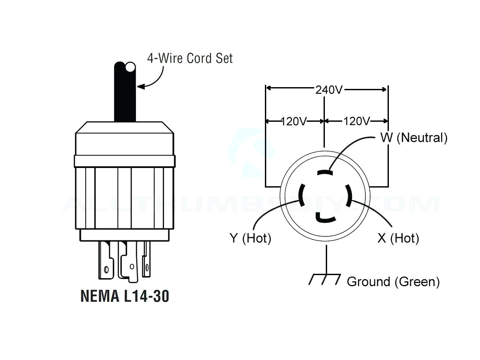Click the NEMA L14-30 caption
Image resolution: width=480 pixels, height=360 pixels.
[x=125, y=296]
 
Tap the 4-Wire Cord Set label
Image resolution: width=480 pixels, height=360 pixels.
[x=190, y=58]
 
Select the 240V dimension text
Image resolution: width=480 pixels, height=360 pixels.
[x=329, y=89]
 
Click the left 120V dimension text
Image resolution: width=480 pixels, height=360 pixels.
[x=294, y=121]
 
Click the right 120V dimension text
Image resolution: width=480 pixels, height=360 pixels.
[x=356, y=121]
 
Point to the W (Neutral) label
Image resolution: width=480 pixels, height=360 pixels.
[x=413, y=137]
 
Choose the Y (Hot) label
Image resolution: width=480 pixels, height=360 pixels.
[x=250, y=238]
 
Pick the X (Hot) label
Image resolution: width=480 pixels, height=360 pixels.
[x=398, y=238]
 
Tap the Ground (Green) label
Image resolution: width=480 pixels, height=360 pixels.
[x=393, y=281]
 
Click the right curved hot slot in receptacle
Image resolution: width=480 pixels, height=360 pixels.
[x=349, y=194]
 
